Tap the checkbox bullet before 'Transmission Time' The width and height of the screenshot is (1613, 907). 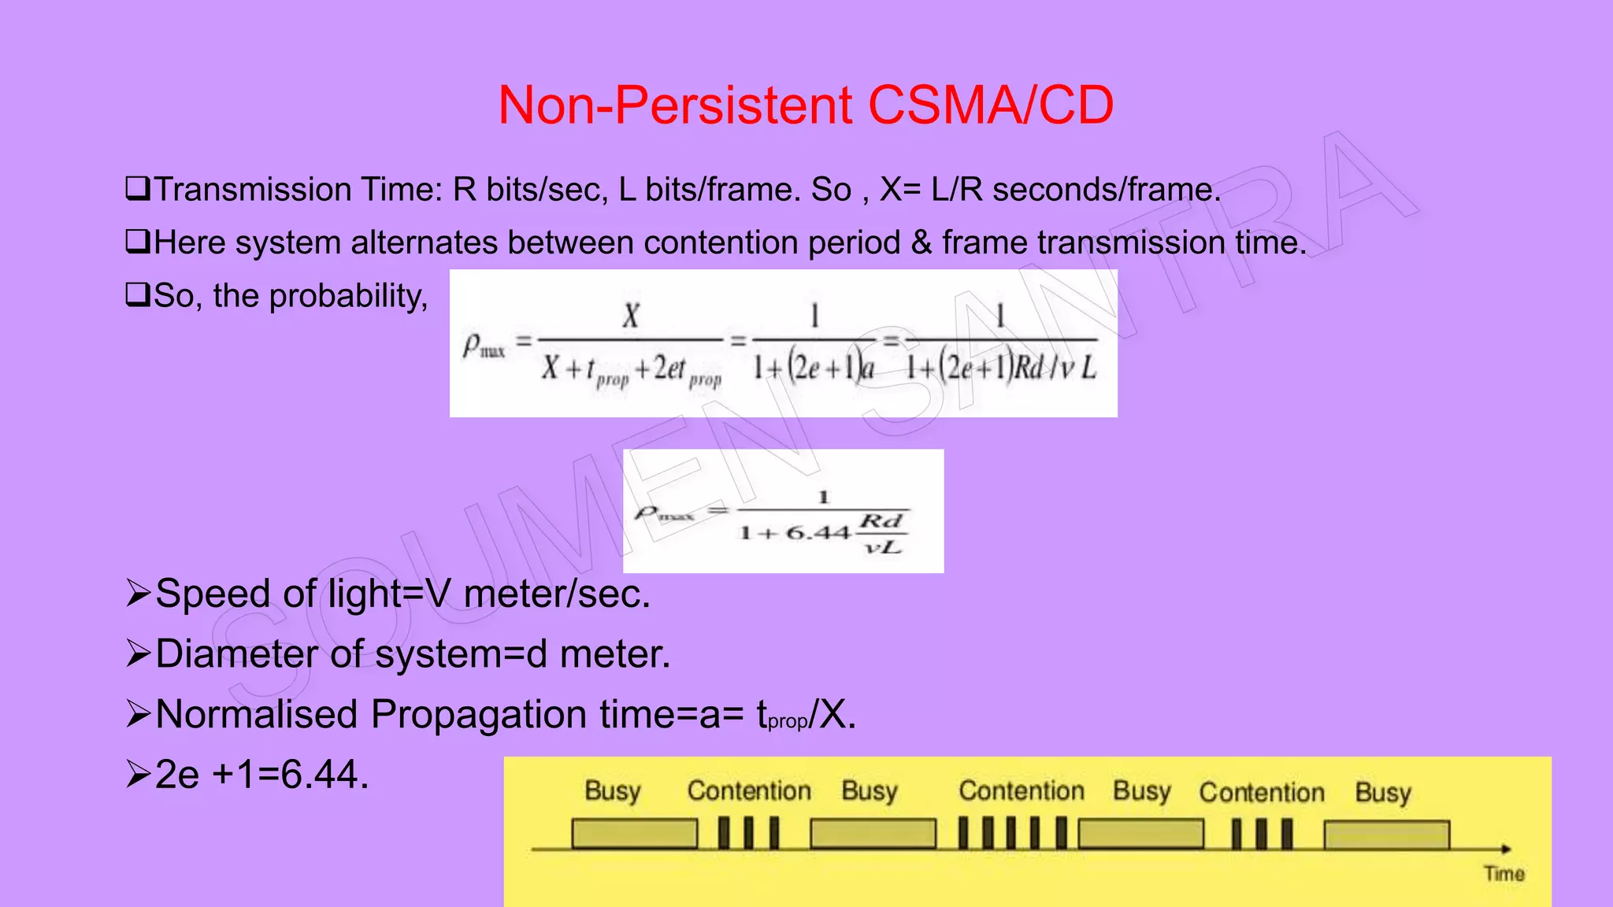pos(137,189)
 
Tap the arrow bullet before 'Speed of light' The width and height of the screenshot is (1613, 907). pos(138,594)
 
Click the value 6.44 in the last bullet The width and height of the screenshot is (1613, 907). pos(324,775)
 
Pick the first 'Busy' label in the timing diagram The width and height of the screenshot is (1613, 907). pos(613,791)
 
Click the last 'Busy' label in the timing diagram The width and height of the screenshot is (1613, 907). pos(1383,793)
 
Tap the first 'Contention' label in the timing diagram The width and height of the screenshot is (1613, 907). pos(749,791)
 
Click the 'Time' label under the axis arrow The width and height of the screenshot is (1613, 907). pos(1504,874)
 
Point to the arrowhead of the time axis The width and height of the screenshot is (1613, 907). pos(1506,849)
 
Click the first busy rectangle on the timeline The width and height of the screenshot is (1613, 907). pos(634,834)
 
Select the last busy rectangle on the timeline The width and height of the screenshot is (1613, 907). pos(1386,835)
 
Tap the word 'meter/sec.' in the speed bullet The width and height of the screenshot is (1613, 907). pos(557,594)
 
